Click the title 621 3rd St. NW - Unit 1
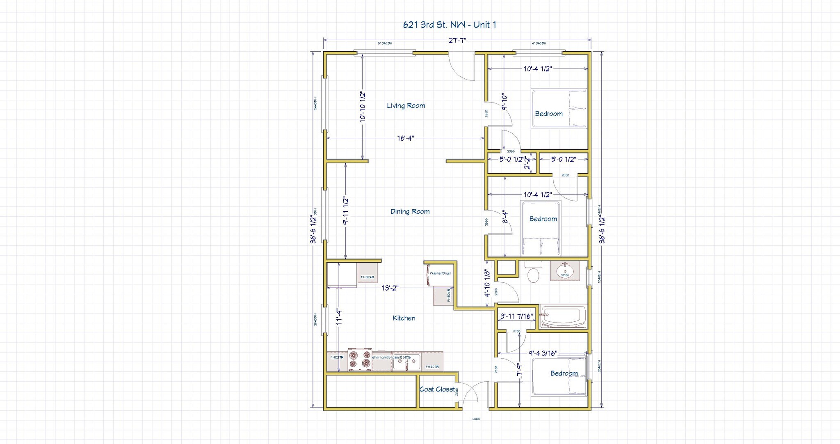coord(450,25)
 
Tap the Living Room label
coord(406,105)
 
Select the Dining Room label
coord(410,211)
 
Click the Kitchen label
coord(404,318)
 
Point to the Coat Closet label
coord(437,389)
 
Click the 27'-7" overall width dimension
coord(457,40)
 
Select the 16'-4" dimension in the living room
coord(405,138)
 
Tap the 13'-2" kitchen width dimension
coord(390,288)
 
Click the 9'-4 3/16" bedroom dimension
coord(543,353)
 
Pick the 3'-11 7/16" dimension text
coord(516,316)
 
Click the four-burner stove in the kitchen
coord(360,360)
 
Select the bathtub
coord(563,317)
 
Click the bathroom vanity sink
coord(565,271)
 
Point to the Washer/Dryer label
coord(440,273)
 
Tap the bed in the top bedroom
coord(559,108)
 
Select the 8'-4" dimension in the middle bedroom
coord(506,217)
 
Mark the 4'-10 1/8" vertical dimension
coord(487,283)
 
